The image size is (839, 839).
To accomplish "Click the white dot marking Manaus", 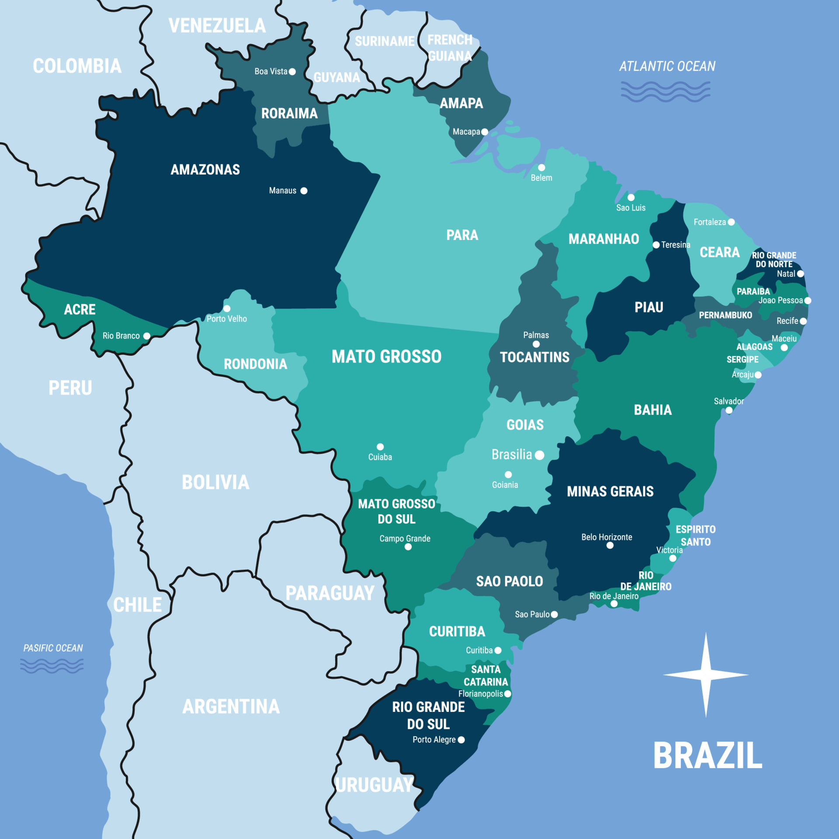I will click(304, 191).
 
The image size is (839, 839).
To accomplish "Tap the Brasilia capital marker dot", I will click(540, 455).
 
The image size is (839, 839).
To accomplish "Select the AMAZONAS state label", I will click(205, 170).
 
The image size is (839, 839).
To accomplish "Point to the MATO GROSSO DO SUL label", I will click(396, 511).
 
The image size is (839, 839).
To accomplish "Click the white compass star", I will click(706, 675).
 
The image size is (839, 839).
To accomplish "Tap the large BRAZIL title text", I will click(707, 756).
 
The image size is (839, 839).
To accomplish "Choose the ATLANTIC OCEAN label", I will click(667, 66).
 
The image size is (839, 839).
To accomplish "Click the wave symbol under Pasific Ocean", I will click(52, 666).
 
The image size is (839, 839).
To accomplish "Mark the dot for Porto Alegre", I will click(461, 740).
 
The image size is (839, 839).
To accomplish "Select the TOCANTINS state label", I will click(534, 357).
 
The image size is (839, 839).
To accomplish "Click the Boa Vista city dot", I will click(292, 72).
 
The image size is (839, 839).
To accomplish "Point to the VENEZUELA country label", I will click(217, 26).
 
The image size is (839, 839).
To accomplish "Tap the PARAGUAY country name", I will click(330, 593).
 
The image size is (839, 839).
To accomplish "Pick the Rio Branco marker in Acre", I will click(147, 336).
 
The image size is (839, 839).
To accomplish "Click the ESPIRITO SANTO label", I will click(696, 536).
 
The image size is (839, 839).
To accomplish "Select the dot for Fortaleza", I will click(731, 222).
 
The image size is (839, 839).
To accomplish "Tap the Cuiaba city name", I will click(380, 457).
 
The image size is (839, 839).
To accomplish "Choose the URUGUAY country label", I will click(374, 785).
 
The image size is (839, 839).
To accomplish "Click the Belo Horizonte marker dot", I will click(610, 545).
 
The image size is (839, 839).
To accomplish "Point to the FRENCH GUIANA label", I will click(450, 48).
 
